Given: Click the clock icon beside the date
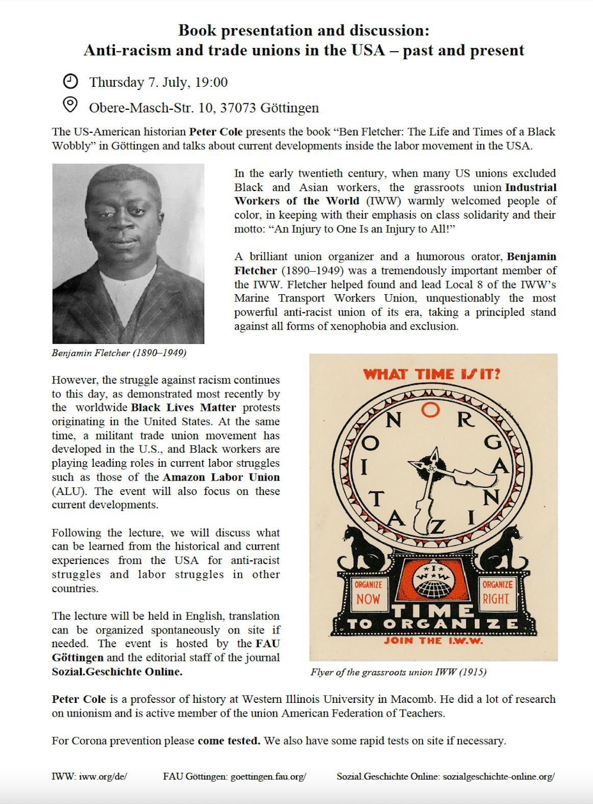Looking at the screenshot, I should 70,81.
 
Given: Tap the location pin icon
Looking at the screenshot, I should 70,105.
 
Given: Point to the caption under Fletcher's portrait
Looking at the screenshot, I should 119,353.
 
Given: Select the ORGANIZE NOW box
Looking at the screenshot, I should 368,593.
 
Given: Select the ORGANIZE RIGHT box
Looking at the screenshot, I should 497,593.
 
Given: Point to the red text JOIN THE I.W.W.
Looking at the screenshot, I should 433,641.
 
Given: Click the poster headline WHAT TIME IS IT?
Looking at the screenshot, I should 432,374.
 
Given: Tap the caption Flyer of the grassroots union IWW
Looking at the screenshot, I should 398,672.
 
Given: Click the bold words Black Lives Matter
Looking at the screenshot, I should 183,408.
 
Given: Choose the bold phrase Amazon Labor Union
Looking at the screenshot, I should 221,477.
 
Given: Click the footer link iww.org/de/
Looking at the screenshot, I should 103,776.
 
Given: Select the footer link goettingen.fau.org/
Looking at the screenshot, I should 268,776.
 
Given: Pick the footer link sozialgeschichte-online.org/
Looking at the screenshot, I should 499,776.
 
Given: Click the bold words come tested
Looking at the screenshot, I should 229,741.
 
